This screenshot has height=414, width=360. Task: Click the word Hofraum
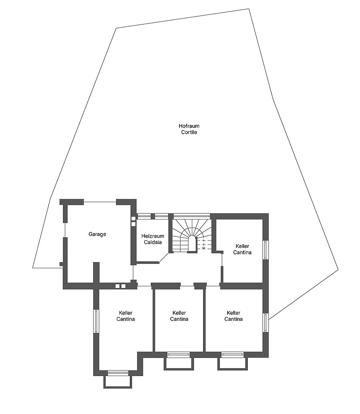189,126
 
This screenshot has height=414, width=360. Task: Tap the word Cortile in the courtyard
189,132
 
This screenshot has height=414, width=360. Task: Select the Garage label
97,234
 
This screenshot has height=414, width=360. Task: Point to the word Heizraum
153,236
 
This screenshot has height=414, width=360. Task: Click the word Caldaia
153,242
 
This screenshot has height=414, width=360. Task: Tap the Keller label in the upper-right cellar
242,246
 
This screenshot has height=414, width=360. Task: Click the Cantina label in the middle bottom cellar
179,319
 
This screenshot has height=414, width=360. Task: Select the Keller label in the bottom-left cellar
125,313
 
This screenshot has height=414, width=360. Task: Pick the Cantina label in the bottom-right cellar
233,319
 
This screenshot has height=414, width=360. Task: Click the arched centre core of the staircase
192,244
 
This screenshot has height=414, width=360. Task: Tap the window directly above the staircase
191,216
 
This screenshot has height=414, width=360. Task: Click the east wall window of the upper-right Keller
266,250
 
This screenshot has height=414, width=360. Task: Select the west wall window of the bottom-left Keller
96,321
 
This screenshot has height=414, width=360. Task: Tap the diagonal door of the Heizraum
164,258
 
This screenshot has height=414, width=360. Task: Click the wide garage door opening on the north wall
100,202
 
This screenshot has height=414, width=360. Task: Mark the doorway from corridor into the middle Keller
187,286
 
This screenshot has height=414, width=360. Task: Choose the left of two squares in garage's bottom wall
117,286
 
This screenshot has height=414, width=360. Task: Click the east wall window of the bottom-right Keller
266,323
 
